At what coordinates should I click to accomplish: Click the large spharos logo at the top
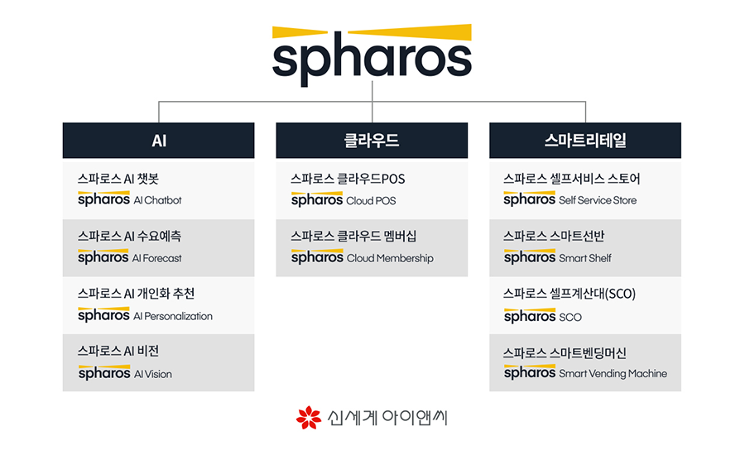point(372,55)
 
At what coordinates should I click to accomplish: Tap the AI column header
point(159,141)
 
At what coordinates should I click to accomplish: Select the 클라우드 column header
point(372,141)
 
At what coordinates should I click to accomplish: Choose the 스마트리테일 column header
point(585,141)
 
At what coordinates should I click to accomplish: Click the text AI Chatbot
point(158,200)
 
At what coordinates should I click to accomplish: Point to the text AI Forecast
point(156,258)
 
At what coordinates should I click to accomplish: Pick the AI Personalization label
point(173,316)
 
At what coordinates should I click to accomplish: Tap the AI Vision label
point(153,374)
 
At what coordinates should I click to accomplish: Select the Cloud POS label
point(371,201)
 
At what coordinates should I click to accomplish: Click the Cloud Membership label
point(390,258)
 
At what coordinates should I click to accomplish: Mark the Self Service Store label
point(598,200)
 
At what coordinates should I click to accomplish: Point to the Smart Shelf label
point(585,258)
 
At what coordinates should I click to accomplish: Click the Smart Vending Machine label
point(613,374)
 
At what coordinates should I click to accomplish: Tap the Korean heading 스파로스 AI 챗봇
point(118,179)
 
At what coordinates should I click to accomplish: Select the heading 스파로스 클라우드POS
point(348,179)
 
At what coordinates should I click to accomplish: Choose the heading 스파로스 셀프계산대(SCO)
point(570,294)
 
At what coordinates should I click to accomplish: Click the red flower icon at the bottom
point(309,418)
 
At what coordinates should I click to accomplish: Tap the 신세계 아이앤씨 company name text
point(387,418)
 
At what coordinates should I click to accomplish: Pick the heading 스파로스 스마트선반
point(554,236)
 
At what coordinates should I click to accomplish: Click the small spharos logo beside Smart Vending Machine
point(530,372)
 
